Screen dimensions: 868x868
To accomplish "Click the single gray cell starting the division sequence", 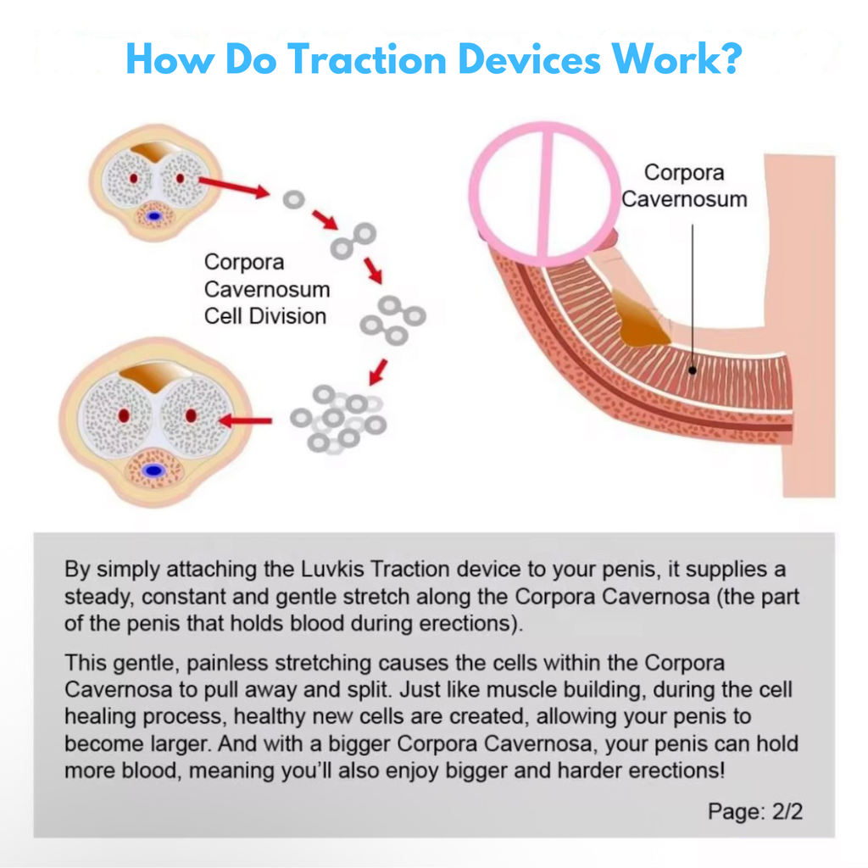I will pyautogui.click(x=293, y=200).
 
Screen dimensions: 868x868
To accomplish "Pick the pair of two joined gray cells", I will pyautogui.click(x=353, y=240).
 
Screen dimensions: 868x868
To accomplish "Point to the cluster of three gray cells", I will pyautogui.click(x=392, y=320).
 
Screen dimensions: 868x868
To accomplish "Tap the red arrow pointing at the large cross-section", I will pyautogui.click(x=246, y=420).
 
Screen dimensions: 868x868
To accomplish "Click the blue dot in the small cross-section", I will pyautogui.click(x=154, y=216).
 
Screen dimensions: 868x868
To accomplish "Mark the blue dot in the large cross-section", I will pyautogui.click(x=153, y=470).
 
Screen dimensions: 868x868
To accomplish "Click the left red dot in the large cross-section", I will pyautogui.click(x=124, y=415).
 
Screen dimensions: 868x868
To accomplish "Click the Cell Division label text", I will pyautogui.click(x=265, y=316).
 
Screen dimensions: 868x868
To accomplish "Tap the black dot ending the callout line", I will pyautogui.click(x=693, y=370).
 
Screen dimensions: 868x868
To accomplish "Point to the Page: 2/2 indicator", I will pyautogui.click(x=754, y=811).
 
